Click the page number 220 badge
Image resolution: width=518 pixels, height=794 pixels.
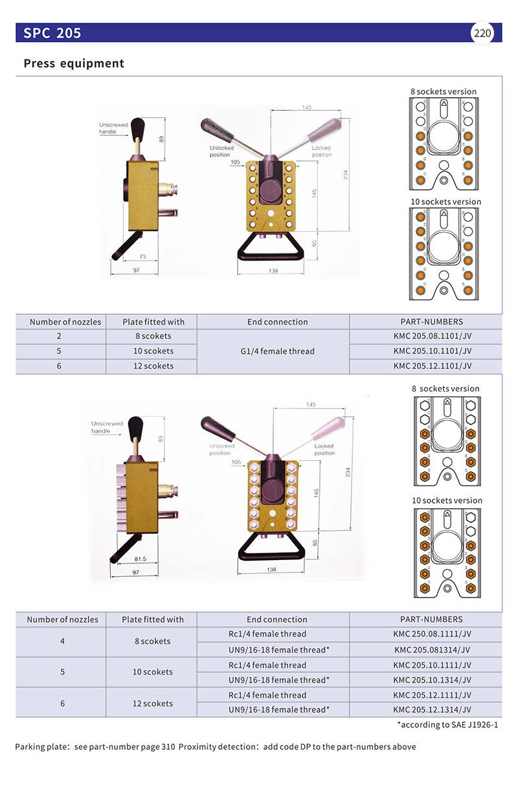[x=482, y=34]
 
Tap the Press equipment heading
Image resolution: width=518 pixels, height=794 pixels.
[x=74, y=64]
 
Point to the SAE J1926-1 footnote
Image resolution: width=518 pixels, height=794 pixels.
[x=447, y=725]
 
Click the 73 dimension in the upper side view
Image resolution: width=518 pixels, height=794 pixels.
[x=142, y=257]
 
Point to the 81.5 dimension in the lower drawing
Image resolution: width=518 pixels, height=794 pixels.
[x=140, y=558]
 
